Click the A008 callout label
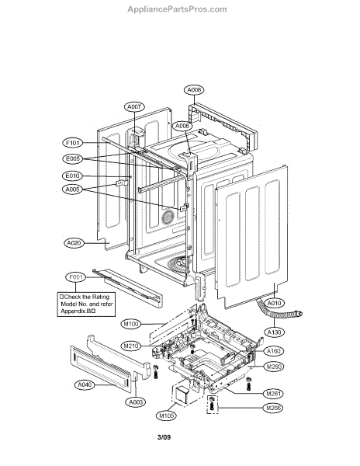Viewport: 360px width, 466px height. (195, 90)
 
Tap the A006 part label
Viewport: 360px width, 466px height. (182, 125)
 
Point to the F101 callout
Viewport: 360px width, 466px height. (73, 143)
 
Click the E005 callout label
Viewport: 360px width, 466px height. (73, 159)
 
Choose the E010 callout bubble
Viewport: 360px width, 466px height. (73, 176)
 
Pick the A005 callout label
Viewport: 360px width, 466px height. (73, 190)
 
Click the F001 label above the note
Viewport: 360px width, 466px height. (75, 277)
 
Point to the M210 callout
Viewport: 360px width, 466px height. (130, 345)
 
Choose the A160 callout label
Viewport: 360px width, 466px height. (273, 350)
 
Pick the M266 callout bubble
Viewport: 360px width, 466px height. (273, 408)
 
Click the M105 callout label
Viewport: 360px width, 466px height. (164, 415)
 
